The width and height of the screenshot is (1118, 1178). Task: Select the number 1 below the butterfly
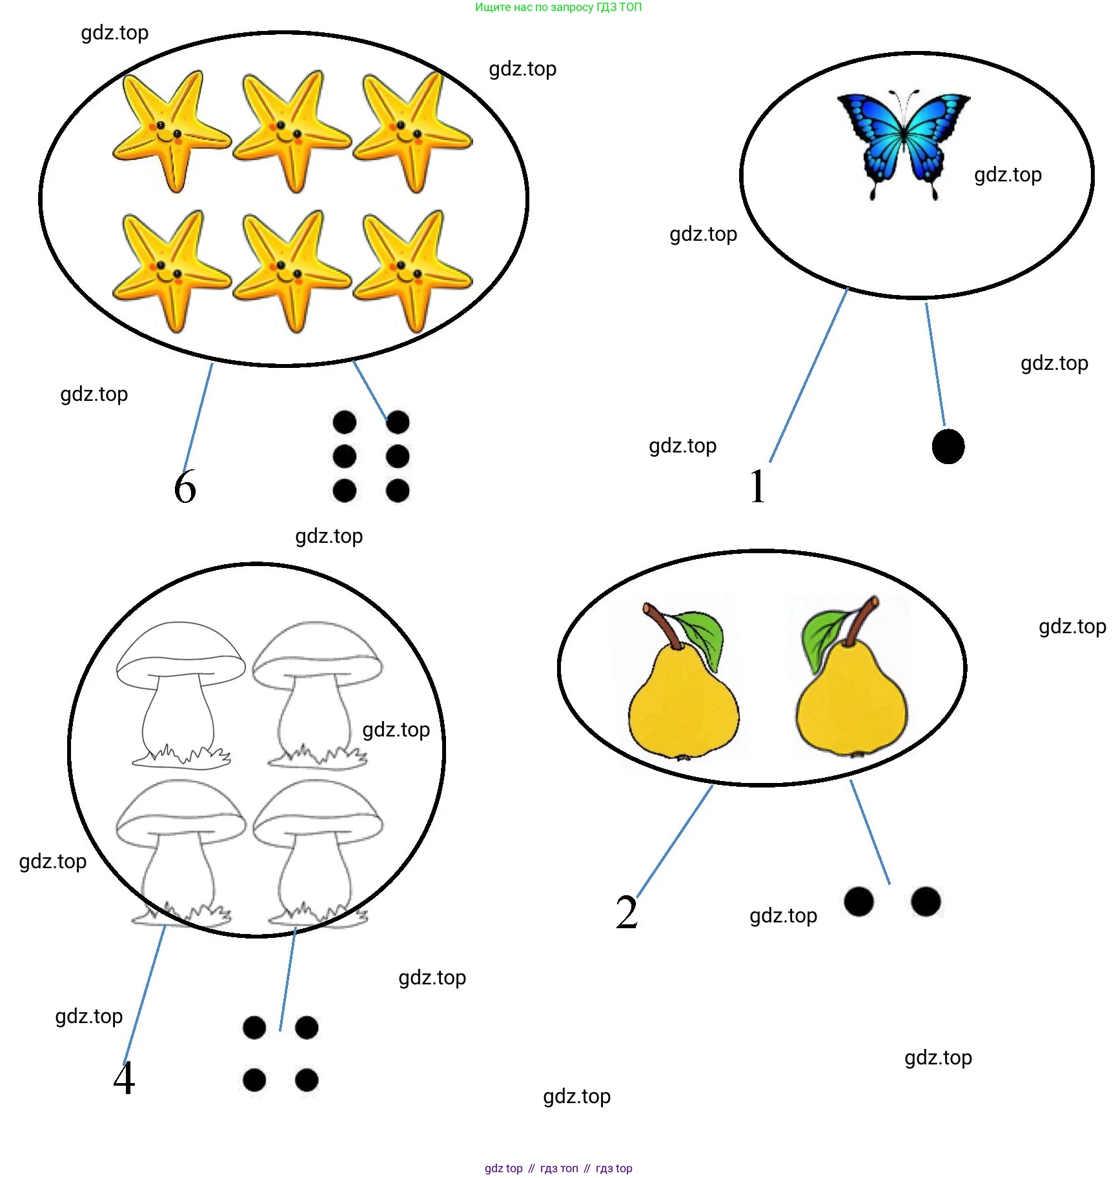(758, 485)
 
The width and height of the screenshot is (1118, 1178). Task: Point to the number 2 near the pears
(627, 912)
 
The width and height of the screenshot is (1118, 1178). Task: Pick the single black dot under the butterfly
(948, 446)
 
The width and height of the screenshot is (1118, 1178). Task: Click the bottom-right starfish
(412, 270)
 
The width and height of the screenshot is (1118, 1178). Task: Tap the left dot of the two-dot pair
(859, 901)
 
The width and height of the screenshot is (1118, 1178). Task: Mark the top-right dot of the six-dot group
(398, 422)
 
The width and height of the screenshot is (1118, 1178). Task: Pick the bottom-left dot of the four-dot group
(254, 1079)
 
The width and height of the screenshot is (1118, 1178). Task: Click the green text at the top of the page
(558, 7)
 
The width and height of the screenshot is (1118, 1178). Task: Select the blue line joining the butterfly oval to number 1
(808, 376)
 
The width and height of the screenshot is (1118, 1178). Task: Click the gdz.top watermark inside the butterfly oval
(1008, 175)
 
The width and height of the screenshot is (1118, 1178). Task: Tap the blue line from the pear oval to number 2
(675, 841)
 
